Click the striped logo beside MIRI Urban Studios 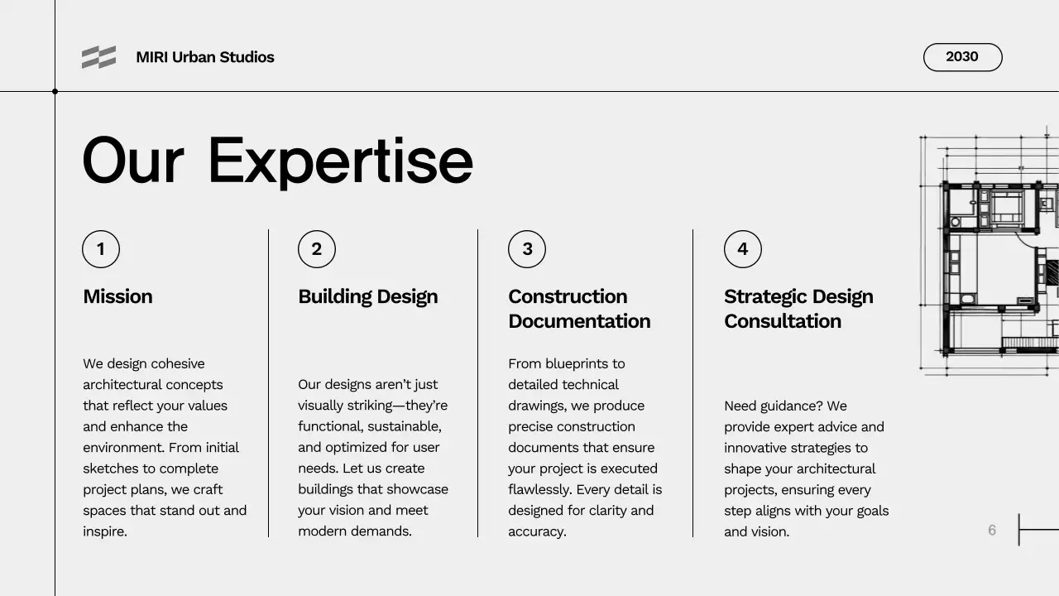point(98,57)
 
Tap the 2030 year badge point(962,57)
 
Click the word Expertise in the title point(339,161)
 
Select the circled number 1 point(101,249)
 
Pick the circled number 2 point(317,249)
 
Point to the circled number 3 point(527,249)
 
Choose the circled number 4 point(743,249)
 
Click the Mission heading point(117,296)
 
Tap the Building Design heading point(367,296)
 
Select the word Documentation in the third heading point(579,321)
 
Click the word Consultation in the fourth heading point(782,321)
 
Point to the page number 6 point(992,530)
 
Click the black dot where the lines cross point(55,91)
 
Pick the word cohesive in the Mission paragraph point(178,363)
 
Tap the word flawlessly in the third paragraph point(539,489)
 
